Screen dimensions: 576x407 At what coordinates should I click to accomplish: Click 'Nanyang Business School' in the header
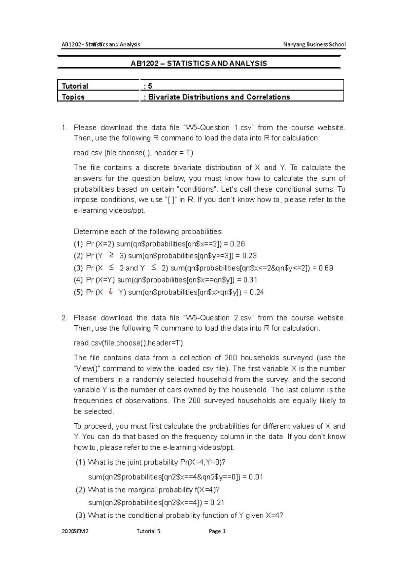314,44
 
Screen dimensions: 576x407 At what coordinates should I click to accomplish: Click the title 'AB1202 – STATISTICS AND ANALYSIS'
199,63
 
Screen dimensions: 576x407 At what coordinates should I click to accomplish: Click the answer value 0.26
237,244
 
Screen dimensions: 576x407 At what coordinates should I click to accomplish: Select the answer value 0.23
249,256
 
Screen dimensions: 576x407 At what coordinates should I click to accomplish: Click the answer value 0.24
257,292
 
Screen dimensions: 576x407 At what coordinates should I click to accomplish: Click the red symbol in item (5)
111,291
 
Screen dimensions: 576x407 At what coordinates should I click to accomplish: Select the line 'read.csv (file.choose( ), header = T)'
133,153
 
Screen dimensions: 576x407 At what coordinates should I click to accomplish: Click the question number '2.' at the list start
64,318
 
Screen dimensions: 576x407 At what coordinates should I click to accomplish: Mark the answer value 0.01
256,477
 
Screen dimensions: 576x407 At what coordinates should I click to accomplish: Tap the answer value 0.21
217,502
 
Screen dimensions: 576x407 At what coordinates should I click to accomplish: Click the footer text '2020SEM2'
75,531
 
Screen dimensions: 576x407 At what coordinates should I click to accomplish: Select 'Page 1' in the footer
217,531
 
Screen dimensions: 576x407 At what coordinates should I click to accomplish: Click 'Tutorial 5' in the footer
148,531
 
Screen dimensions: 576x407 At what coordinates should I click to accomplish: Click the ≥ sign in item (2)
111,255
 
